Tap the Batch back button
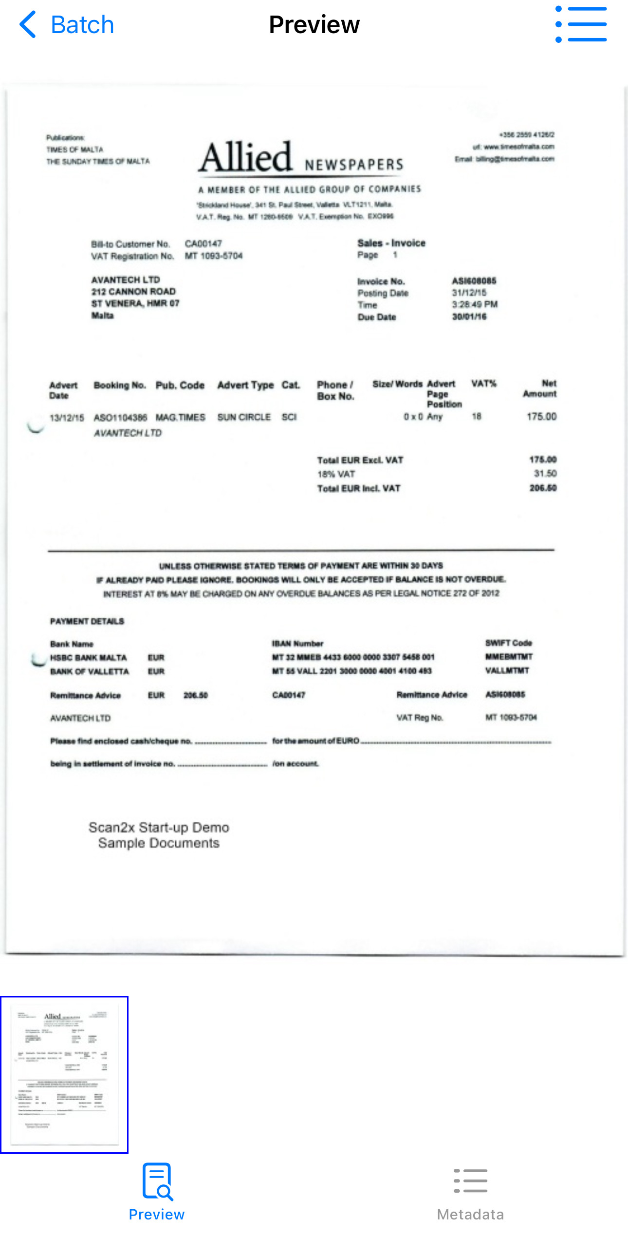coord(66,25)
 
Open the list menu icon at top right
coord(581,24)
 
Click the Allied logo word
coord(246,157)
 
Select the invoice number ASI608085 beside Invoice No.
coord(474,281)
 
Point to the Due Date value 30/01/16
coord(469,316)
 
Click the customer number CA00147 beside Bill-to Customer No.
coord(203,243)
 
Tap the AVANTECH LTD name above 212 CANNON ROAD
coord(126,280)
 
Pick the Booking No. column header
coord(120,385)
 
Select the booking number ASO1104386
coord(120,417)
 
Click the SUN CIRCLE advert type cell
coord(244,417)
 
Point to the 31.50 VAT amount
coord(545,474)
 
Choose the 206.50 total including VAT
coord(543,488)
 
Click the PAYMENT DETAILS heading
coord(87,621)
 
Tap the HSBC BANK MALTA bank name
coord(89,658)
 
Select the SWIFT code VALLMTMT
coord(507,670)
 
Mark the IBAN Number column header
coord(297,644)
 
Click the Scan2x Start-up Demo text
coord(159,828)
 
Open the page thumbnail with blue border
coord(64,1074)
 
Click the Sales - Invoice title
coord(391,243)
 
